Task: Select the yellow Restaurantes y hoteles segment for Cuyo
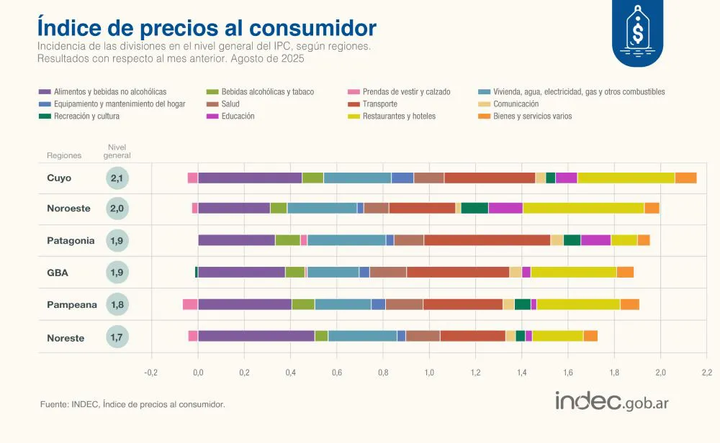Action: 626,178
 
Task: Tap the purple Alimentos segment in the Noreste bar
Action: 256,335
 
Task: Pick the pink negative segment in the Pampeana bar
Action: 190,304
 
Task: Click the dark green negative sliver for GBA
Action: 196,272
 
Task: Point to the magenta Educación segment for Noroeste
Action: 505,209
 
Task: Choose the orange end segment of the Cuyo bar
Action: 685,178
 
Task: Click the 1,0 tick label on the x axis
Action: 429,373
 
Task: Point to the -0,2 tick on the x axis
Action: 150,373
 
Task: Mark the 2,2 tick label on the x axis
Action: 706,373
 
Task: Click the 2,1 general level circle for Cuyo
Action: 117,178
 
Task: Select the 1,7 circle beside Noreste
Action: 117,336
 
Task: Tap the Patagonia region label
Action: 71,241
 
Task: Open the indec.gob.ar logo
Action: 611,401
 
